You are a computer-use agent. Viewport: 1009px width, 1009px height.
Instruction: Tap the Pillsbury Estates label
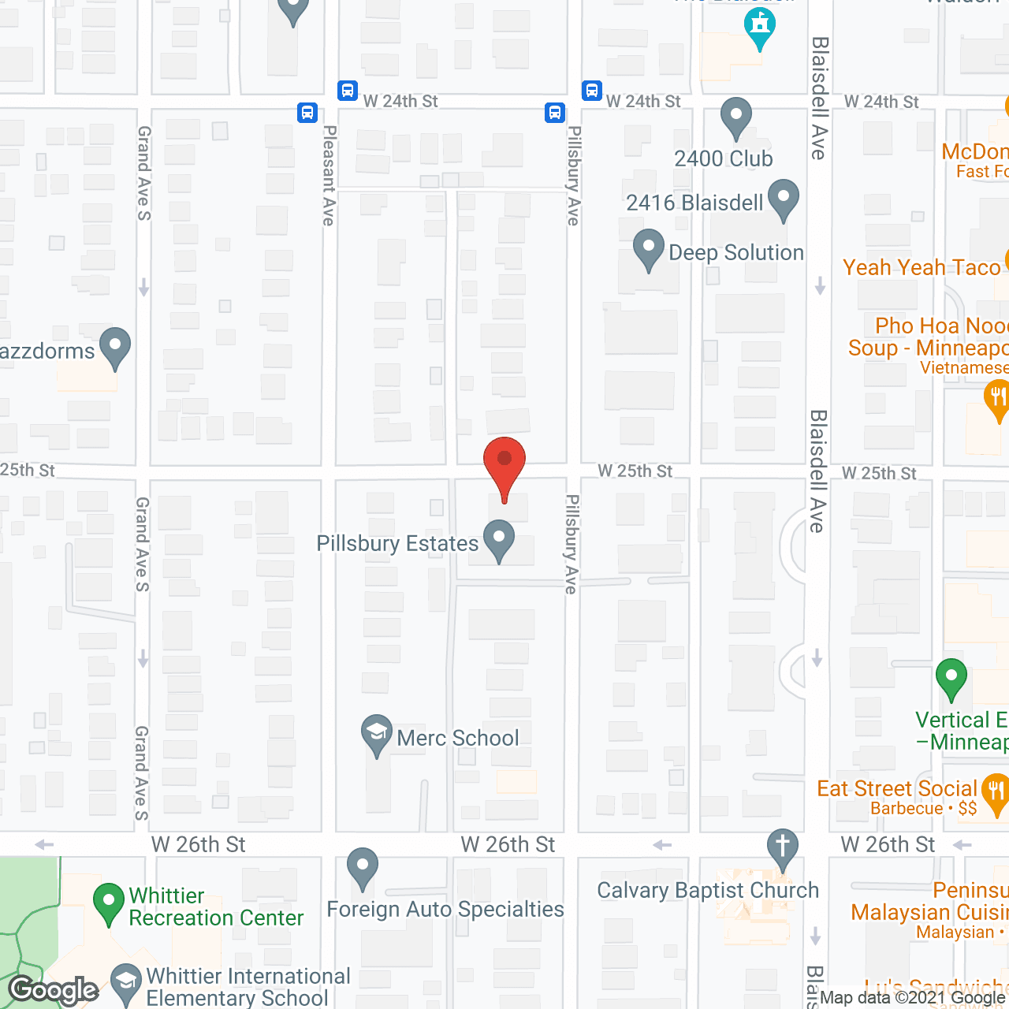397,544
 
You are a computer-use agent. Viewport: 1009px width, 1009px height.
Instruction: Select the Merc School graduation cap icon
377,734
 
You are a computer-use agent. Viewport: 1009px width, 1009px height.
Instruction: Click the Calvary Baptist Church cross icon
782,847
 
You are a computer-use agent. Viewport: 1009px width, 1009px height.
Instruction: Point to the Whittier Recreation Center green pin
109,903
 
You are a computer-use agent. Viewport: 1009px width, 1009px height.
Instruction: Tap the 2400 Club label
724,159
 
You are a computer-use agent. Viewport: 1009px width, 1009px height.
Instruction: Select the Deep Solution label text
736,253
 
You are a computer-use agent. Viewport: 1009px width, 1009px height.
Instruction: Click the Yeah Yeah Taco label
922,268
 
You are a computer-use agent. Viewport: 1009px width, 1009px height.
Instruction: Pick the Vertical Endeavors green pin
951,678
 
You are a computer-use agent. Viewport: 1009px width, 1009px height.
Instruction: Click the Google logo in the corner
54,990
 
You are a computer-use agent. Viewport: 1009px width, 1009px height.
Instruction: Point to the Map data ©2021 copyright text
913,998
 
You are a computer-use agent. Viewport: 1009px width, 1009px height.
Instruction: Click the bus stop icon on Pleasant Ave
307,112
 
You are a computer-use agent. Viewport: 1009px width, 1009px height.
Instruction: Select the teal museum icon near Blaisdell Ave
759,27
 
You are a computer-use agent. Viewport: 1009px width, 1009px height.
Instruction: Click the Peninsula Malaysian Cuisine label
930,911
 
